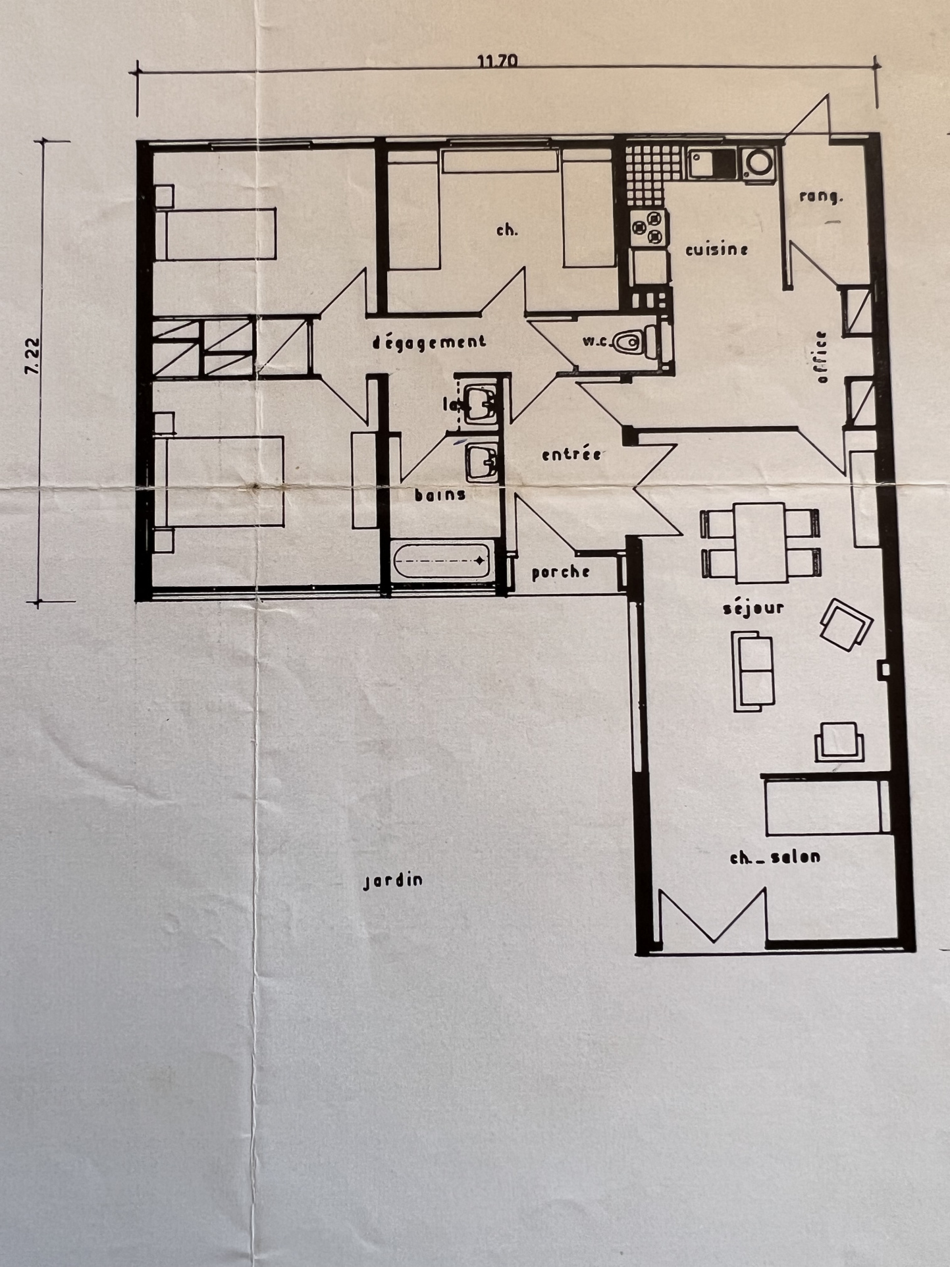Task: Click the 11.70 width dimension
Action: pos(498,61)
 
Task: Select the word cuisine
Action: pos(717,250)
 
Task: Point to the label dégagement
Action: pos(429,342)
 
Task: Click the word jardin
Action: pos(394,881)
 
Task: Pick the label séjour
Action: pos(754,607)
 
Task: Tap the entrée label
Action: pos(571,454)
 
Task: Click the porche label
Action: pos(560,572)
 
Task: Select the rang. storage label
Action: pos(822,196)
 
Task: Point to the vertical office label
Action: pos(820,357)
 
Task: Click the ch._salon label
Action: pos(776,857)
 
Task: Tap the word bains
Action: pos(440,495)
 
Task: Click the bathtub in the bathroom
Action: pos(441,561)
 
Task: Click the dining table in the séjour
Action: pos(760,543)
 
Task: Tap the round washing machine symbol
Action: pos(758,163)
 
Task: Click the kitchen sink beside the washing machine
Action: pos(712,163)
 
